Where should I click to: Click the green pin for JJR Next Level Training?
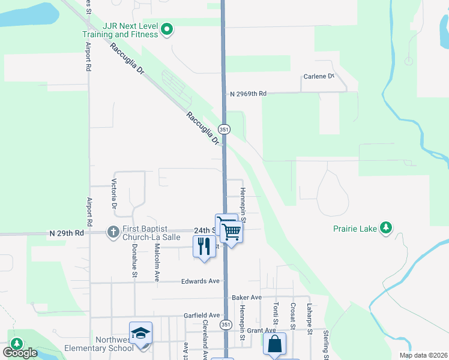(x=167, y=29)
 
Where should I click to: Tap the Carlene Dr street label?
(x=318, y=77)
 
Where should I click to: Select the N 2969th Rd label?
(x=247, y=94)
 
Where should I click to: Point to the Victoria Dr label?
(x=114, y=194)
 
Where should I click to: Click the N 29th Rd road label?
(x=67, y=232)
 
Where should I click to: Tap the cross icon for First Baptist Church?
(x=112, y=231)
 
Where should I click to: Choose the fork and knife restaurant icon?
(x=204, y=246)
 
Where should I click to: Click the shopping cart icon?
(x=231, y=230)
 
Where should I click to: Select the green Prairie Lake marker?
(x=387, y=228)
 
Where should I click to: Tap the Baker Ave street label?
(x=247, y=298)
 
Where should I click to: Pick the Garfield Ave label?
(x=202, y=315)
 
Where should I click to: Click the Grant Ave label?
(x=261, y=331)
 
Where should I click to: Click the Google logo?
(x=20, y=353)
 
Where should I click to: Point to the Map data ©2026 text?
(x=422, y=354)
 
